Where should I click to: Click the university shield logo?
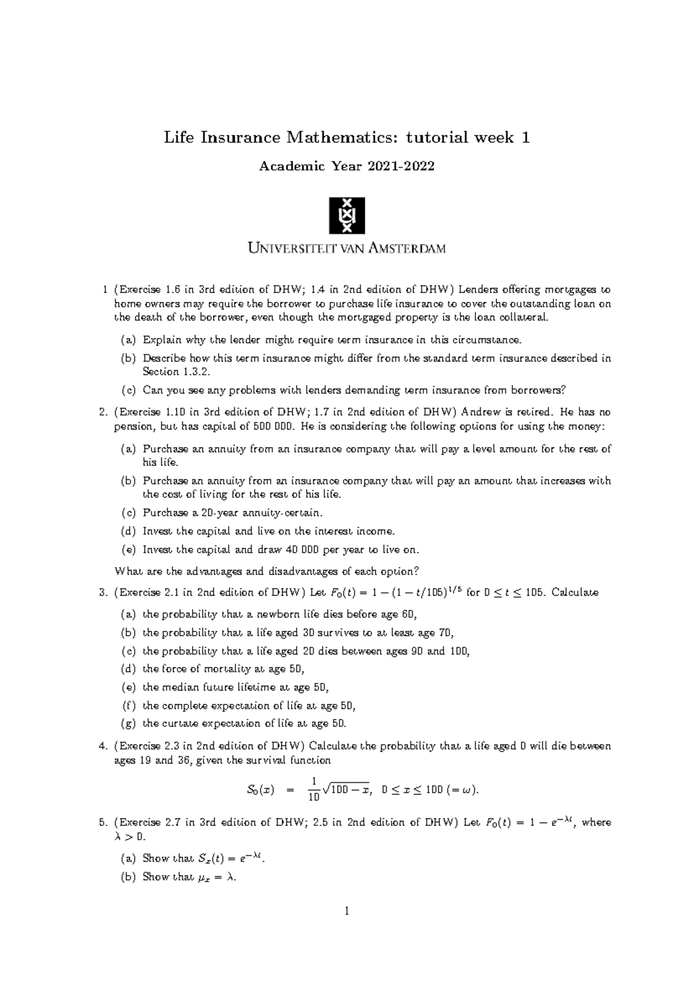pos(347,215)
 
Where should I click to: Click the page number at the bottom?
pos(347,912)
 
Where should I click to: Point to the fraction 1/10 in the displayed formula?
pos(313,790)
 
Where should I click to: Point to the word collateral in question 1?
pos(517,318)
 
